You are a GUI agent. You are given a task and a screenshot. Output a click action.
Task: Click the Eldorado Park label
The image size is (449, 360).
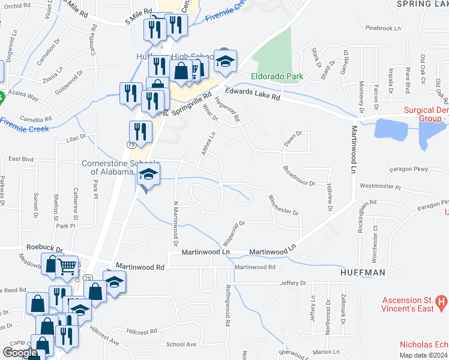coord(277,76)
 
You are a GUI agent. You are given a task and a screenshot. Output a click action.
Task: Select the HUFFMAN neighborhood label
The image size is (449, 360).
coord(362,272)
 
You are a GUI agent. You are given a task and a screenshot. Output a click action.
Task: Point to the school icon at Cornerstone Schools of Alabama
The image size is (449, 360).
coord(147,175)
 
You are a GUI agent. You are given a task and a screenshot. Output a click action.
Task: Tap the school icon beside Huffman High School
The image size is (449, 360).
coord(226,61)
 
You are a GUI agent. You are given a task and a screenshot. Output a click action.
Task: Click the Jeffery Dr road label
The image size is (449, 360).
coord(292,283)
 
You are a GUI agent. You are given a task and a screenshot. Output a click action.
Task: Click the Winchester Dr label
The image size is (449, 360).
coord(283,205)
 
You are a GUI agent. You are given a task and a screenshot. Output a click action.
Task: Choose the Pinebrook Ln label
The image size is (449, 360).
coord(382,28)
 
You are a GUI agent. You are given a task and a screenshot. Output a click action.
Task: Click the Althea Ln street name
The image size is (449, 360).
coord(208,144)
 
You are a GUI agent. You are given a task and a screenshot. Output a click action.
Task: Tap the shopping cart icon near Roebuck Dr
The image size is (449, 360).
coord(67,266)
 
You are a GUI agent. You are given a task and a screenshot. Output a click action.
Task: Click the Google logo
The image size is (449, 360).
coord(19,353)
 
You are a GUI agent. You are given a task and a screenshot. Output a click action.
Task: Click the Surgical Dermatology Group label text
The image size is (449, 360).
coord(426,114)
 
